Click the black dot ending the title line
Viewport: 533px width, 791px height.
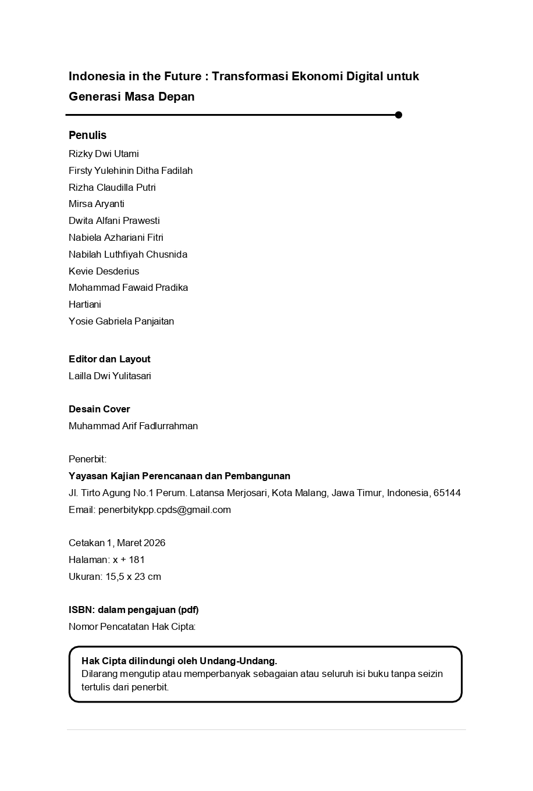(399, 115)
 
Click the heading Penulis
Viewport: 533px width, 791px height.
(87, 135)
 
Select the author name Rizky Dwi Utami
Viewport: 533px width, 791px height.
(104, 154)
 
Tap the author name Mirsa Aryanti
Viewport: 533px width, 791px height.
(96, 204)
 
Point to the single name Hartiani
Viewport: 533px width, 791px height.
(84, 304)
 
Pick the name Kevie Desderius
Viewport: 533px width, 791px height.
(104, 271)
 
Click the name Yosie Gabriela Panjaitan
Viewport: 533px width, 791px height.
(121, 321)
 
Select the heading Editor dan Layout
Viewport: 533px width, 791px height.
(109, 359)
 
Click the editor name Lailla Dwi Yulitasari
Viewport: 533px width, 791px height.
(109, 376)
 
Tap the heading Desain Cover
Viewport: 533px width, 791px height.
(99, 409)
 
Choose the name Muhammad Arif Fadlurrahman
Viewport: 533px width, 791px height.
(133, 426)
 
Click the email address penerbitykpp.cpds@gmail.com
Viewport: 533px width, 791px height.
(165, 509)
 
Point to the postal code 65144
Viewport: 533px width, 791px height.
(447, 493)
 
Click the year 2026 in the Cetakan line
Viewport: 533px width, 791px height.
(154, 543)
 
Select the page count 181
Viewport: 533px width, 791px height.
(137, 560)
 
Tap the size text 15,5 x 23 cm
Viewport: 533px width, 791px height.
(133, 576)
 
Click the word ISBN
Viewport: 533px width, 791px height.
(80, 610)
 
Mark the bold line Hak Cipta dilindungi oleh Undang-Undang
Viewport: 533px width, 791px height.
(179, 661)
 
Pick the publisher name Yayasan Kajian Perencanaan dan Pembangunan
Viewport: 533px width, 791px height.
(179, 476)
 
